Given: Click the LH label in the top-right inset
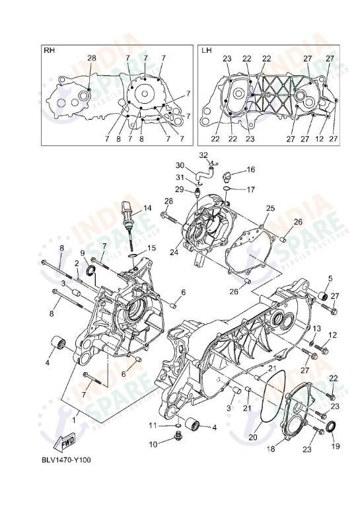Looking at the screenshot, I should [x=206, y=50].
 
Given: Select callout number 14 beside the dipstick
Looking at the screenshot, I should [x=147, y=208].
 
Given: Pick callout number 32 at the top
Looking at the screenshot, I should [x=203, y=155].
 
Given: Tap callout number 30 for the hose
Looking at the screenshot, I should [x=180, y=165].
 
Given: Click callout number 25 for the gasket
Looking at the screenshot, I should [x=270, y=208].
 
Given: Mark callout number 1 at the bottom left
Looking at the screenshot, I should [x=75, y=418].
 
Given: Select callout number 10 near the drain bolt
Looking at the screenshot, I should [x=153, y=444].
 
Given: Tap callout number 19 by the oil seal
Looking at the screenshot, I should [x=335, y=446].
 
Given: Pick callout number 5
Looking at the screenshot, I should [x=330, y=278].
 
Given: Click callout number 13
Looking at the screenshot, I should [x=317, y=329].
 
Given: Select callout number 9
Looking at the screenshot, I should [x=83, y=253].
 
